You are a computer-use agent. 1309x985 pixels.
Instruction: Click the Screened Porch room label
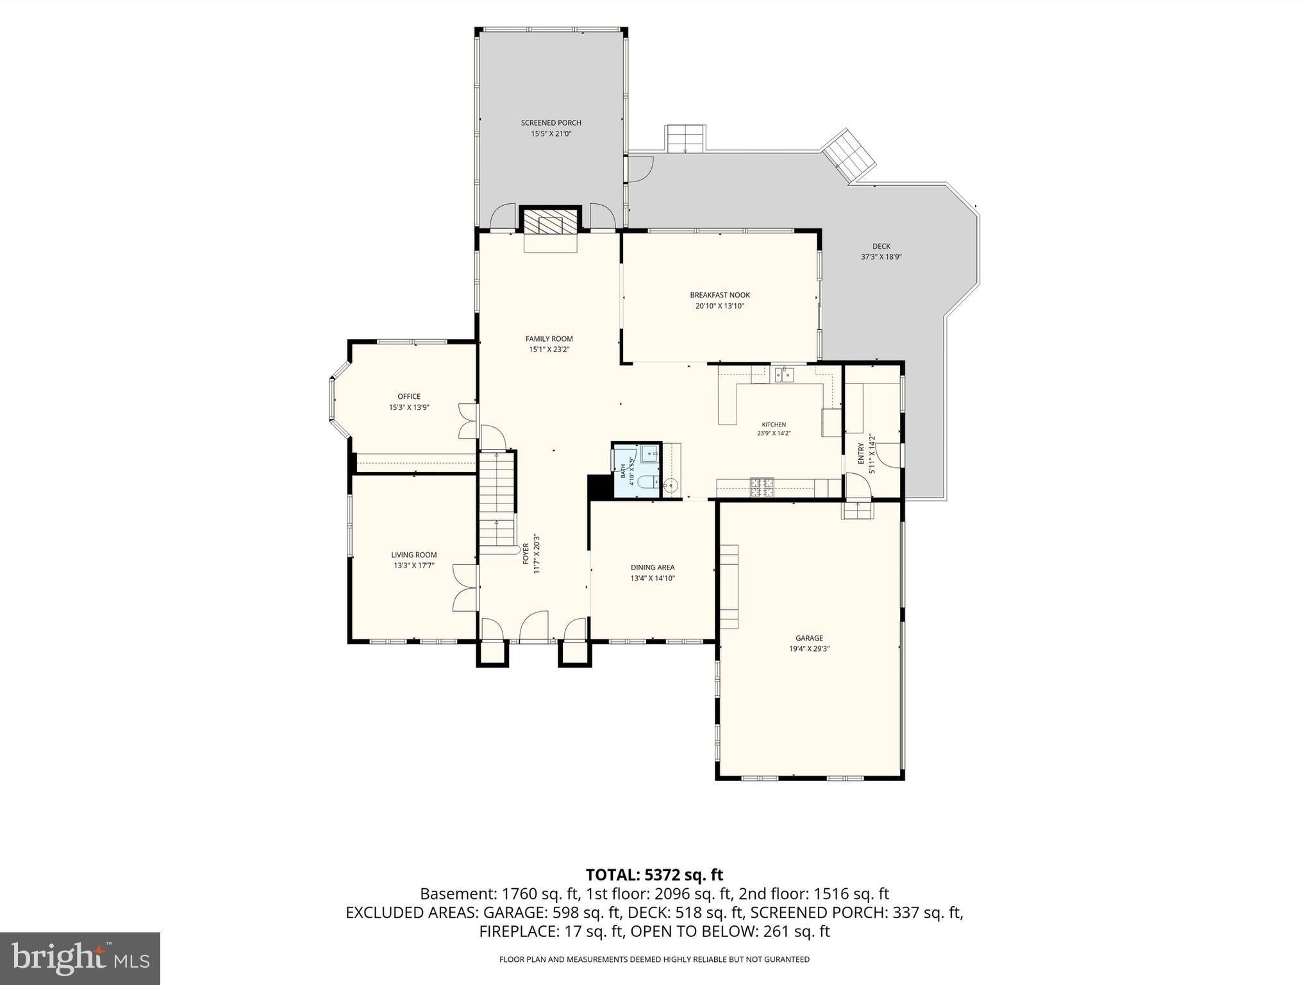coord(551,122)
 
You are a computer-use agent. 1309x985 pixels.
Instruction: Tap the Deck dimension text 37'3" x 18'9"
coord(881,257)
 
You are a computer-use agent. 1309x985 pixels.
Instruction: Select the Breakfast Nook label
coord(720,295)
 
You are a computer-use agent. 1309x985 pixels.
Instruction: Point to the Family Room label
coord(549,339)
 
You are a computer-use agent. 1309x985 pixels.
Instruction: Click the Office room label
coord(409,396)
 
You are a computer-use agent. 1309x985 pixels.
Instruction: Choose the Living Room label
coord(414,555)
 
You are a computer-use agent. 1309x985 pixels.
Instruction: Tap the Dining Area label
coord(653,568)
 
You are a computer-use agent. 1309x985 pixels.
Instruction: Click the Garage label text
coord(809,638)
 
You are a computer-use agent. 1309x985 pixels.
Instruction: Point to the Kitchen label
coord(774,425)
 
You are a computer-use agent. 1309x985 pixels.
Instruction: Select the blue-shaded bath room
coord(636,470)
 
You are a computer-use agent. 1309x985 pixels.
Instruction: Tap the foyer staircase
coord(497,500)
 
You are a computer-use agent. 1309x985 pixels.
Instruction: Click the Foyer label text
coord(526,554)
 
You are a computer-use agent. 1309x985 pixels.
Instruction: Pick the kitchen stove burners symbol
coord(762,487)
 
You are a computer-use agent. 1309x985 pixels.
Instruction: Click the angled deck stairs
coord(849,156)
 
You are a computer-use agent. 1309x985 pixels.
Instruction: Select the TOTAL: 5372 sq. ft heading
coord(654,875)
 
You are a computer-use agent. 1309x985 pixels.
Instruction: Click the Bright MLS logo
coord(80,958)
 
